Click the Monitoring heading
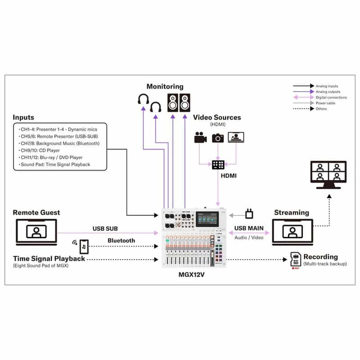coord(165,86)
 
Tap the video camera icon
coord(200,137)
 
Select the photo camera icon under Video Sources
coord(218,137)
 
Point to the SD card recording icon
coord(296,260)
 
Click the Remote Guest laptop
coord(36,232)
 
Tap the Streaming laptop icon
coord(292,232)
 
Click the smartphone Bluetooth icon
coord(84,246)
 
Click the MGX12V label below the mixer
coord(192,275)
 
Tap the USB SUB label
coord(105,228)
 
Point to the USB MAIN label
coord(249,228)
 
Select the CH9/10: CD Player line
coord(40,150)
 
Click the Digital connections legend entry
coord(331,97)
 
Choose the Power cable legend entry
coord(325,103)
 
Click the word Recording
coord(321,256)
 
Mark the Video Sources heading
coord(217,117)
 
